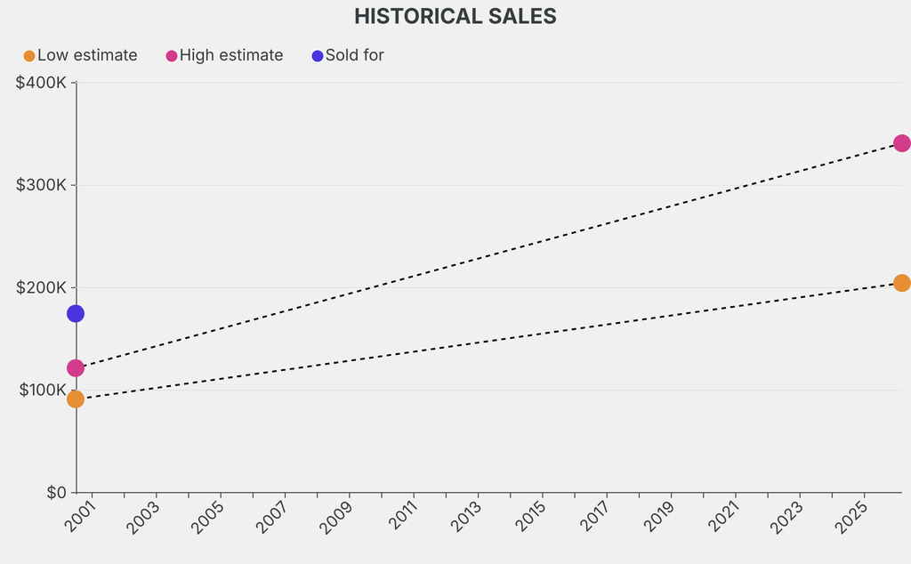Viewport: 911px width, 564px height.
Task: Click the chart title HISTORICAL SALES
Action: (455, 16)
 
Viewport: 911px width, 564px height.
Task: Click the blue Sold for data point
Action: (76, 313)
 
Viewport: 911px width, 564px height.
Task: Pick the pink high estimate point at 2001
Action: (76, 368)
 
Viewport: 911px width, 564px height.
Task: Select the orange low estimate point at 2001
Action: (76, 399)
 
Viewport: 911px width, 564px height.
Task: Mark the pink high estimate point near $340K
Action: (901, 143)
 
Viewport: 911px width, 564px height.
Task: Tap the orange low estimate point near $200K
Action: (901, 283)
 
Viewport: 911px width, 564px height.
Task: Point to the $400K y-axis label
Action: (41, 83)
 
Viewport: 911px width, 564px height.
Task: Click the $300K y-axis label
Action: (41, 185)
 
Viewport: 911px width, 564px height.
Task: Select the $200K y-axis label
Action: (41, 287)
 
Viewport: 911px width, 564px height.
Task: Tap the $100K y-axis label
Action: (41, 390)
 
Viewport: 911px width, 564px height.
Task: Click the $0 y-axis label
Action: (55, 492)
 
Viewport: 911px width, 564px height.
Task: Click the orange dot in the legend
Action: (29, 56)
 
